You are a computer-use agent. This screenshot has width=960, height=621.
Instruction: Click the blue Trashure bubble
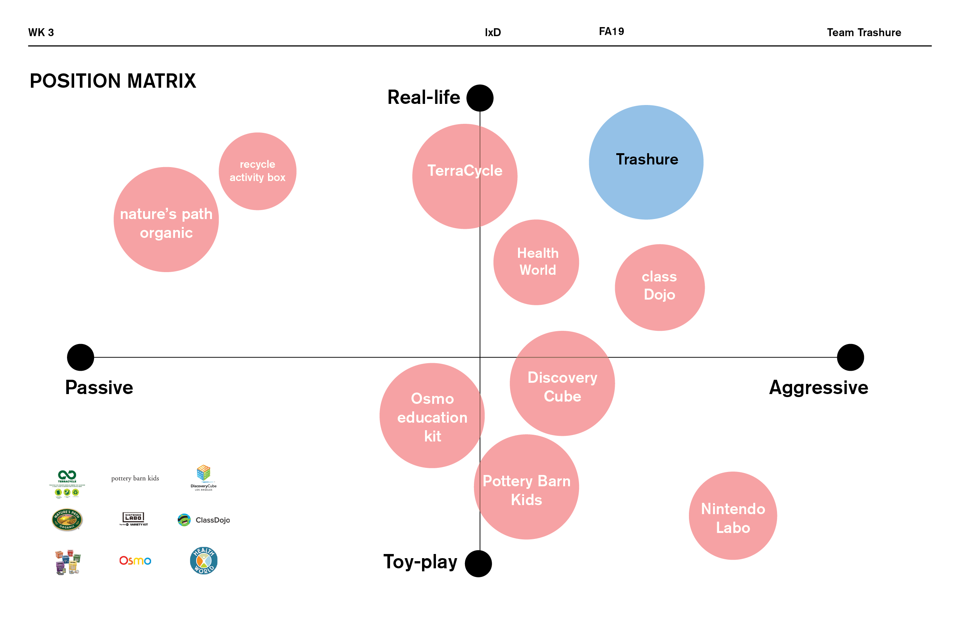(646, 162)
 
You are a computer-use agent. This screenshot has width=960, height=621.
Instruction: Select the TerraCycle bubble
(464, 176)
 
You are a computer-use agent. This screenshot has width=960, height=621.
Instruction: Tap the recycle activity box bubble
(258, 171)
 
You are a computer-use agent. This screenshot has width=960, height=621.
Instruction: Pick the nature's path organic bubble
(166, 219)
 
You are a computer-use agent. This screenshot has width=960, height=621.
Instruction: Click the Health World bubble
(536, 262)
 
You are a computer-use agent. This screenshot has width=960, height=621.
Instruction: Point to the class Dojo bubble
(660, 287)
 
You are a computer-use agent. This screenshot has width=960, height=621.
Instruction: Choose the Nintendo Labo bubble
(733, 515)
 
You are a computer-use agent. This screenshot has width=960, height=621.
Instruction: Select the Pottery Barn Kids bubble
(526, 487)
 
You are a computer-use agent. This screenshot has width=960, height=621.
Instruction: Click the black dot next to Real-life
(480, 98)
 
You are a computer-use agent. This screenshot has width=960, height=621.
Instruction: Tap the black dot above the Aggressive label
(850, 357)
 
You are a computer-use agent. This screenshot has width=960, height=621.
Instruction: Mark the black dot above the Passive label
(80, 357)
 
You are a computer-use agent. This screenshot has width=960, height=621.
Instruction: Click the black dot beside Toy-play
(478, 563)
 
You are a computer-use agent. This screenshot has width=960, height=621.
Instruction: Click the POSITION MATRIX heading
(113, 81)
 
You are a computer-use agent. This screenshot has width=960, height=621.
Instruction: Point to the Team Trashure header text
(864, 32)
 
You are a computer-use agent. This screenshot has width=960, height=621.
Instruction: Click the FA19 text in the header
(611, 32)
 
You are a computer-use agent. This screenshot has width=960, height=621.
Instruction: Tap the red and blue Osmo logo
(135, 560)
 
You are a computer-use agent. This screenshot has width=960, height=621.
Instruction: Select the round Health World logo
(204, 560)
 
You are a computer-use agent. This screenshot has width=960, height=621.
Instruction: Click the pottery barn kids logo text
(135, 478)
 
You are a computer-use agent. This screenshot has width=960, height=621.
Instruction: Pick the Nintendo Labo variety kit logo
(134, 519)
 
